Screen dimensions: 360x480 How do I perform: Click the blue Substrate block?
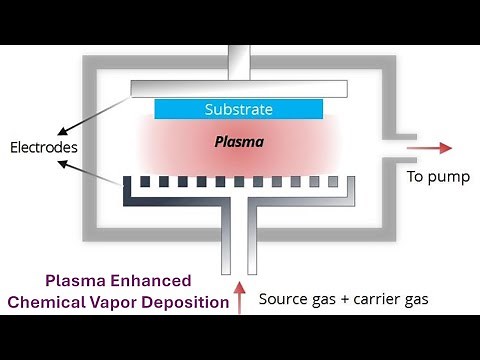click(x=239, y=108)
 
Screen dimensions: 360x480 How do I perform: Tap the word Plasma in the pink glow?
click(x=239, y=142)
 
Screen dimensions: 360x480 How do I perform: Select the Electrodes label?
click(x=43, y=149)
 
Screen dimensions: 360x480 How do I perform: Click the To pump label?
click(x=434, y=178)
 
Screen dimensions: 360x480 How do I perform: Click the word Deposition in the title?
click(x=188, y=302)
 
